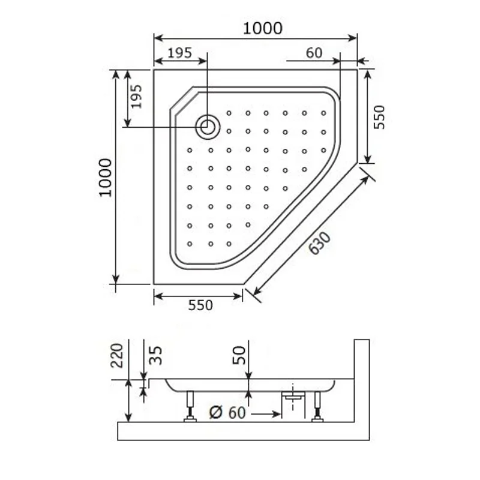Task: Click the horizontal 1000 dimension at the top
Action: pyautogui.click(x=262, y=28)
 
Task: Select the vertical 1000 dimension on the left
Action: pyautogui.click(x=106, y=178)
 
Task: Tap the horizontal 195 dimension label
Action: pyautogui.click(x=179, y=53)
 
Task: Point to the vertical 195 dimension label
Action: pyautogui.click(x=136, y=96)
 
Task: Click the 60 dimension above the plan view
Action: pyautogui.click(x=314, y=53)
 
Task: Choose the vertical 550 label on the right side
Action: pyautogui.click(x=379, y=118)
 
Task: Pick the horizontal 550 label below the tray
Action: pyautogui.click(x=200, y=305)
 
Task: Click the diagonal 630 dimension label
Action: pyautogui.click(x=319, y=243)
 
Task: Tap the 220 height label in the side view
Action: pyautogui.click(x=117, y=355)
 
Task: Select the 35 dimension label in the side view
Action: pyautogui.click(x=155, y=355)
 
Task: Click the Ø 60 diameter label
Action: pyautogui.click(x=227, y=413)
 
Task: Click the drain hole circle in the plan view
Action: pyautogui.click(x=208, y=127)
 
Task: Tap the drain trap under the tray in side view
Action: pyautogui.click(x=292, y=400)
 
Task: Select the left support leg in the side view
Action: pyautogui.click(x=190, y=406)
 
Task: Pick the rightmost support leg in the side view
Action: pyautogui.click(x=317, y=406)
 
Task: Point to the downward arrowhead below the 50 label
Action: pyautogui.click(x=247, y=374)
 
